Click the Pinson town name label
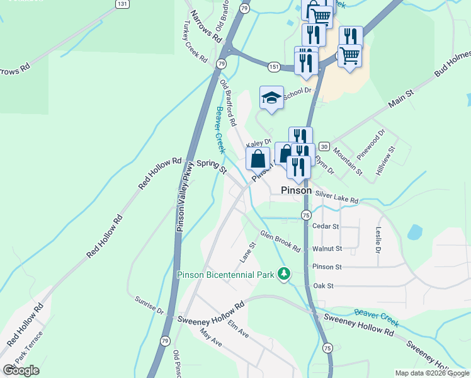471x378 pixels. pyautogui.click(x=296, y=190)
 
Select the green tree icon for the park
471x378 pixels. pyautogui.click(x=285, y=273)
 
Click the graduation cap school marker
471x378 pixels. pyautogui.click(x=271, y=98)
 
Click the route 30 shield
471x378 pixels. pyautogui.click(x=324, y=146)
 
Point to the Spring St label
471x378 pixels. pyautogui.click(x=211, y=166)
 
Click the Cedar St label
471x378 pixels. pyautogui.click(x=326, y=226)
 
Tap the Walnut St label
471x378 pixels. pyautogui.click(x=327, y=249)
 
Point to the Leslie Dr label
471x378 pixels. pyautogui.click(x=378, y=240)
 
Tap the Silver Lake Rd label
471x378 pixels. pyautogui.click(x=337, y=197)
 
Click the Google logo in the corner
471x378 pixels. pyautogui.click(x=21, y=370)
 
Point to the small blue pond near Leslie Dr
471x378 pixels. pyautogui.click(x=415, y=232)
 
